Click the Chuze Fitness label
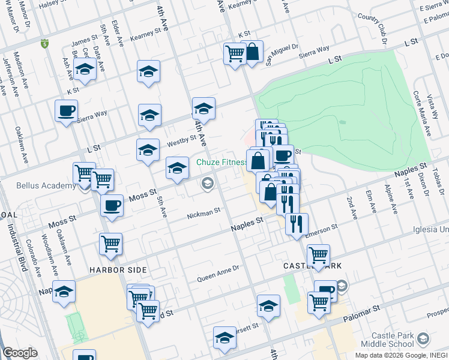223,163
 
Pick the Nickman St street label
203,212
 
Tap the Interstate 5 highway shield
44,44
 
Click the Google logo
20,353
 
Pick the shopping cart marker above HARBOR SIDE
110,244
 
